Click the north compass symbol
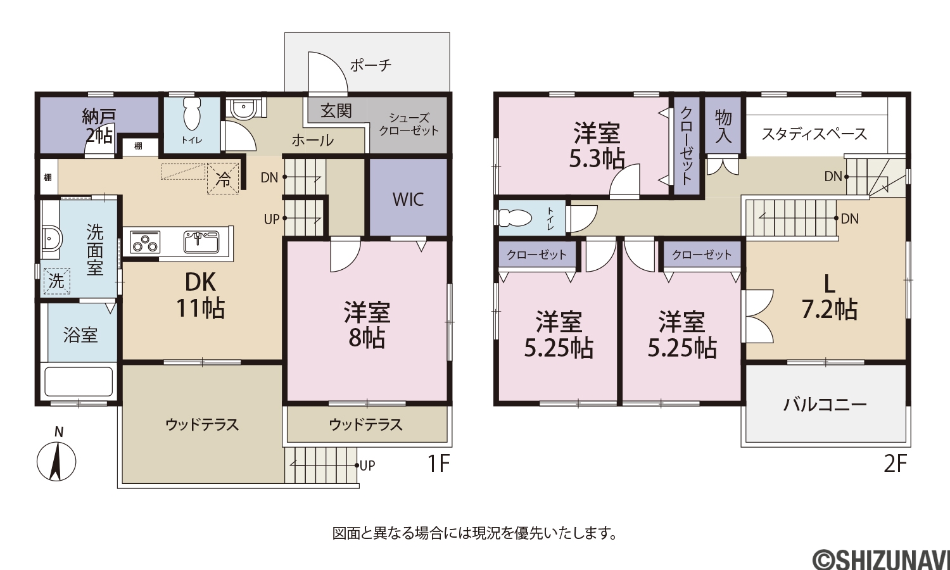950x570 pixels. (56, 462)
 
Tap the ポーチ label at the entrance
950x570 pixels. (370, 66)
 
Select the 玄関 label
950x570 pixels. (336, 111)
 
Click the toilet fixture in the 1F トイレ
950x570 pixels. (192, 114)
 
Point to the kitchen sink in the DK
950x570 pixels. (201, 242)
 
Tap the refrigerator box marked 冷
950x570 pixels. (223, 179)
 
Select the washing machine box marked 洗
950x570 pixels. (56, 281)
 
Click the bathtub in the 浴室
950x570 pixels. (79, 382)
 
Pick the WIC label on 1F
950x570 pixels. (408, 199)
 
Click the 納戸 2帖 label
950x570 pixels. (98, 126)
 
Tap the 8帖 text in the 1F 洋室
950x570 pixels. (367, 338)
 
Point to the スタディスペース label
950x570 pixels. (814, 134)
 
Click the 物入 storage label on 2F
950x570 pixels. (723, 127)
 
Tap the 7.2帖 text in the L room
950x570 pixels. (830, 310)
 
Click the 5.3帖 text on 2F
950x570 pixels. (597, 160)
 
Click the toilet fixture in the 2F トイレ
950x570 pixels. (514, 219)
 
